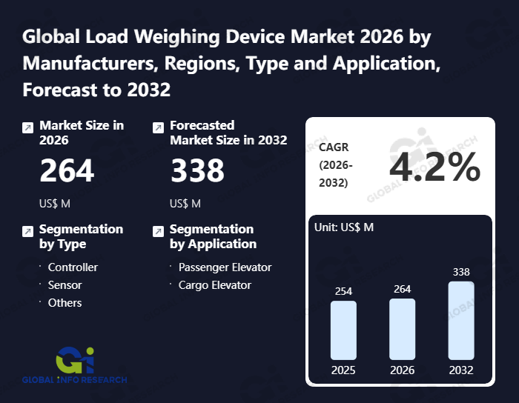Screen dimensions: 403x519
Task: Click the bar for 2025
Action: [343, 330]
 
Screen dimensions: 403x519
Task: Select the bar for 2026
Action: [402, 330]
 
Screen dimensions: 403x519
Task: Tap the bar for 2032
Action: [460, 321]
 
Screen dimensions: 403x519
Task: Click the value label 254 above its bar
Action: [343, 291]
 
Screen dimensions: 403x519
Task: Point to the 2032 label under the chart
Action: [460, 370]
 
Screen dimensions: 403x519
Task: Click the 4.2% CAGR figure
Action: [435, 168]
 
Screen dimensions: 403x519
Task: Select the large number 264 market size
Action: [67, 171]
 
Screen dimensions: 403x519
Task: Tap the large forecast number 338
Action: [197, 171]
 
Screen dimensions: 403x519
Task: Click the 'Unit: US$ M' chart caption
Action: [344, 227]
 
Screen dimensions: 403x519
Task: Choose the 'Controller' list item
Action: [73, 267]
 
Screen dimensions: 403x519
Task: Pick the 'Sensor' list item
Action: [65, 285]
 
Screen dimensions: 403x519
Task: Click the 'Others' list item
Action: [65, 303]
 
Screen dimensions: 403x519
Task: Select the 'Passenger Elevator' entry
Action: [225, 267]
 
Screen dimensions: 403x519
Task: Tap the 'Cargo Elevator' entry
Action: [214, 285]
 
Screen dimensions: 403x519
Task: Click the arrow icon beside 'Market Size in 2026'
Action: [27, 127]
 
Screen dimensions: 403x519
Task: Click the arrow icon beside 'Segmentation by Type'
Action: [27, 231]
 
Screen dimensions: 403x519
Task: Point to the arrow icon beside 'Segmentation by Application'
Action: [158, 231]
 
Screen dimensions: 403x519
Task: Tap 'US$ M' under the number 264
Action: [55, 204]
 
